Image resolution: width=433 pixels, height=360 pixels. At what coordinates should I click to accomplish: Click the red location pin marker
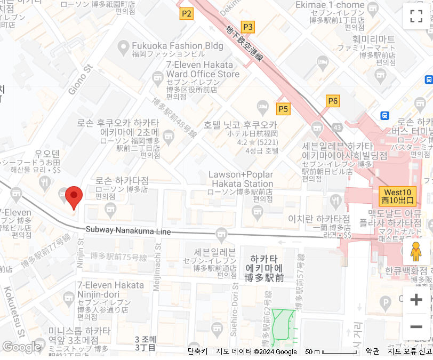(74, 197)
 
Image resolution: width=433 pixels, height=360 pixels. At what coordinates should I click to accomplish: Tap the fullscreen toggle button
(416, 16)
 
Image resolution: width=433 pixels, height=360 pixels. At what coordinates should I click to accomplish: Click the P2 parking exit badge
(186, 14)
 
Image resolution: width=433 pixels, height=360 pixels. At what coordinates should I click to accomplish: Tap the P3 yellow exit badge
(248, 27)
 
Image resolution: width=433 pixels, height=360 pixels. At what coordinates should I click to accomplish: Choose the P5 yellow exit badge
(283, 109)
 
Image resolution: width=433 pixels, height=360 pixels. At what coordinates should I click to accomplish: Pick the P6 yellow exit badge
(333, 101)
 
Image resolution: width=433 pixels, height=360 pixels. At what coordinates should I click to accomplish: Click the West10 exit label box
(397, 197)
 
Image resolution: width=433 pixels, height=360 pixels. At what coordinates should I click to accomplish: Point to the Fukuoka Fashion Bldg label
(178, 46)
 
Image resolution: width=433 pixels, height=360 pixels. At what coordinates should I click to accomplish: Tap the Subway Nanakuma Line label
(129, 231)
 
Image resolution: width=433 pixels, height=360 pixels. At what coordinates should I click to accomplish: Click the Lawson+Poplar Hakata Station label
(240, 179)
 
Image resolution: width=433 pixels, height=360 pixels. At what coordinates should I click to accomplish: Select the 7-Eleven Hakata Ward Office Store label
(203, 69)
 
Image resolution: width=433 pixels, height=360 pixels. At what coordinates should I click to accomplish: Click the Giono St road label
(81, 80)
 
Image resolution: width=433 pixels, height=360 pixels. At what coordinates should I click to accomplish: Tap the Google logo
(21, 347)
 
